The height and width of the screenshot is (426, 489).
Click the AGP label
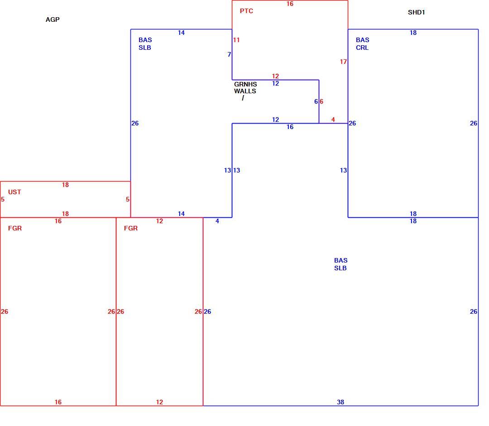coord(53,19)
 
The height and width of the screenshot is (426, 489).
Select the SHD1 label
coord(417,13)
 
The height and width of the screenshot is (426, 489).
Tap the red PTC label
coord(246,11)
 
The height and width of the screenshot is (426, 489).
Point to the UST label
coord(14,192)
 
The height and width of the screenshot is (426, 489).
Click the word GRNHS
coord(245,85)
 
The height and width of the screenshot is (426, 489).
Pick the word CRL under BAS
coord(362,48)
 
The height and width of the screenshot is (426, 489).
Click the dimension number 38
coord(340,402)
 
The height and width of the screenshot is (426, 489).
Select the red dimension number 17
coord(343,62)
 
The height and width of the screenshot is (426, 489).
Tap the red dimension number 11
coord(236,40)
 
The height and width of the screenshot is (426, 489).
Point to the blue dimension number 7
coord(229,55)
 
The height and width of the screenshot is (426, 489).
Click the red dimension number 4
coord(333,120)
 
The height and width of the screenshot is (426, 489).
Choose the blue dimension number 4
coord(217,221)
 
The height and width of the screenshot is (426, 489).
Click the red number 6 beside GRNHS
coord(321,102)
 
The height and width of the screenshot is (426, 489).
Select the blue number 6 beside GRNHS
coord(316,102)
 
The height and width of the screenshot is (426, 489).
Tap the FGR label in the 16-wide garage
coord(15,228)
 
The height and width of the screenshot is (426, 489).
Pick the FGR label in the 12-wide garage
coord(131,228)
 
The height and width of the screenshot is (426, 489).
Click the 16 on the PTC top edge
coord(290,4)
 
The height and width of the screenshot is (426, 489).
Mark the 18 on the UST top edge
coord(65,185)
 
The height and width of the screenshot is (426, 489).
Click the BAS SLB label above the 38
coord(340,264)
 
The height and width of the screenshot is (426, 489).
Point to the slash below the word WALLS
coord(243,98)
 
